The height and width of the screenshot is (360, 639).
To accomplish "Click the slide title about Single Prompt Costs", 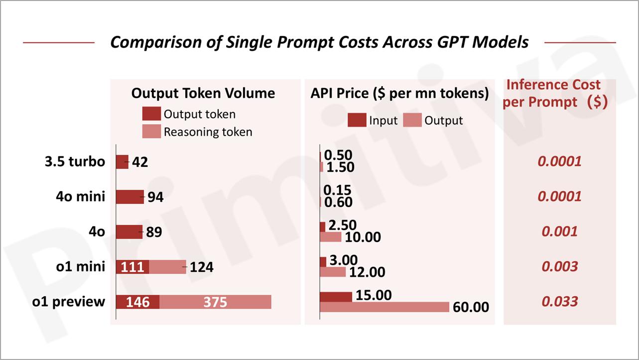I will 319,42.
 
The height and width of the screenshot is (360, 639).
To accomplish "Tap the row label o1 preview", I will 69,302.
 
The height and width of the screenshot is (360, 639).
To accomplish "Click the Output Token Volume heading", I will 203,93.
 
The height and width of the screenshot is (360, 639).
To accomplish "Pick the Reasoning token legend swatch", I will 151,131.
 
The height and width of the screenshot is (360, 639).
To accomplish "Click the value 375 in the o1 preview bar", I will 215,302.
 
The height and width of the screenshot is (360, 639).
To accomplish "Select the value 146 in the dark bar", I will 137,302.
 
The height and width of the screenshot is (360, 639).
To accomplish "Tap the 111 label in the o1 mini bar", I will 132,267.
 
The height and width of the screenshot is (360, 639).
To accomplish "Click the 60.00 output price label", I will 471,307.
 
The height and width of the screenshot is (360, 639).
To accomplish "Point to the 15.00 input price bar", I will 336,297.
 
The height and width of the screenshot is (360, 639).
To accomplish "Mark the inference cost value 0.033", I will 559,301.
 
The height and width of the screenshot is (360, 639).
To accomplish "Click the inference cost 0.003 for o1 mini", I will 559,266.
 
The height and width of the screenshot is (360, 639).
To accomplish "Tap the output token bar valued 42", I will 122,162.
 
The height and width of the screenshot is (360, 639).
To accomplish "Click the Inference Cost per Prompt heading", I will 554,93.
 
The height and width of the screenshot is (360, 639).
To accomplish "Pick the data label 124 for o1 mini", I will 201,267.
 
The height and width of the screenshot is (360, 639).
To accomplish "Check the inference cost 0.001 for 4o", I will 559,232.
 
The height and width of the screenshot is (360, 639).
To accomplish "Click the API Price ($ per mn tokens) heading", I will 399,93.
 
